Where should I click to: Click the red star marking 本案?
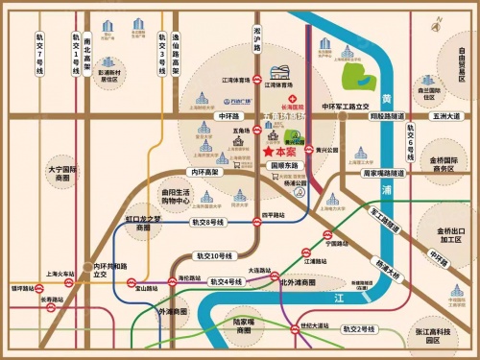267,152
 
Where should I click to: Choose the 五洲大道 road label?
447,117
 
